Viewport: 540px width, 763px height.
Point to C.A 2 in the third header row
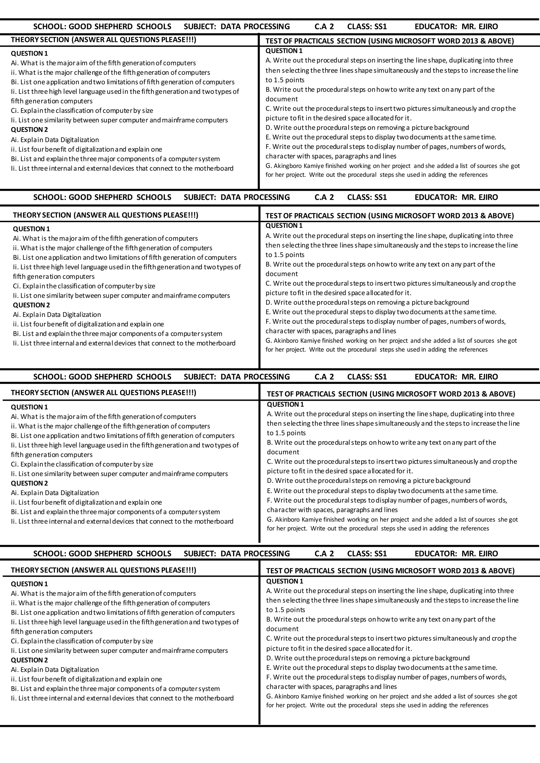point(324,376)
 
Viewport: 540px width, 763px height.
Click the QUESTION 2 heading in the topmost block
point(29,130)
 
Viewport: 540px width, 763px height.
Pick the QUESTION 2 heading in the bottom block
point(29,660)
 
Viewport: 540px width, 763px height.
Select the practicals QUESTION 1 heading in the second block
point(284,226)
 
